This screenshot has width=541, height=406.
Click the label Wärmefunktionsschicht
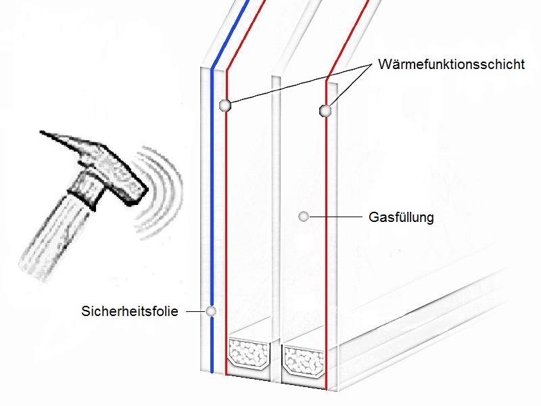click(451, 66)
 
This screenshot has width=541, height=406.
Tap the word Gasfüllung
click(401, 218)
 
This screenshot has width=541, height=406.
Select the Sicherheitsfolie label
click(129, 312)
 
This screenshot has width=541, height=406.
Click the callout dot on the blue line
click(211, 311)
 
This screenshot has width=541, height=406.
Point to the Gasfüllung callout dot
click(304, 217)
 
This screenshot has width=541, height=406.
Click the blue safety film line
click(212, 203)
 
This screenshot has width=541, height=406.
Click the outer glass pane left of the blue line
click(205, 203)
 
